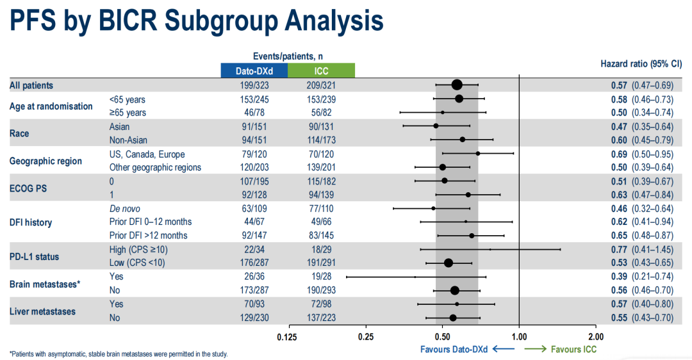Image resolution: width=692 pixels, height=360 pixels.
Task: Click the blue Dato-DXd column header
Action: coord(254,70)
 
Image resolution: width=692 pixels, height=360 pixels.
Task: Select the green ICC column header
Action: coord(321,70)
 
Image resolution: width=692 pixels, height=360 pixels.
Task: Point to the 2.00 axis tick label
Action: coord(596,336)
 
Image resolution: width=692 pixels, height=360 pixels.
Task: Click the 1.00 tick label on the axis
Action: coord(519,336)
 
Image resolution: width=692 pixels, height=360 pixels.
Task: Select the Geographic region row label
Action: coord(45,161)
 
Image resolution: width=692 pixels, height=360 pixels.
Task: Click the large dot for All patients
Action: coord(457,85)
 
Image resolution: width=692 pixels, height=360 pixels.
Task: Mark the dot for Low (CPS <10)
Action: coord(449,263)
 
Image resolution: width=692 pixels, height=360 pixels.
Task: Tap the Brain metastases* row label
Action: coord(45,284)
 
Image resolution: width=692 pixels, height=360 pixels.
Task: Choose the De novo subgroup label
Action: coord(124,209)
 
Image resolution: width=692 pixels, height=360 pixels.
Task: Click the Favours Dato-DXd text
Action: coord(454,349)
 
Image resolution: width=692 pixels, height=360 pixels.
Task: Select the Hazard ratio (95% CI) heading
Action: coord(641,64)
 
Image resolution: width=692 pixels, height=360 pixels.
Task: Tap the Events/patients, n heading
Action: coord(288,56)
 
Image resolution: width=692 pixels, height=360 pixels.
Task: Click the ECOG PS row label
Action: coord(29,188)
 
